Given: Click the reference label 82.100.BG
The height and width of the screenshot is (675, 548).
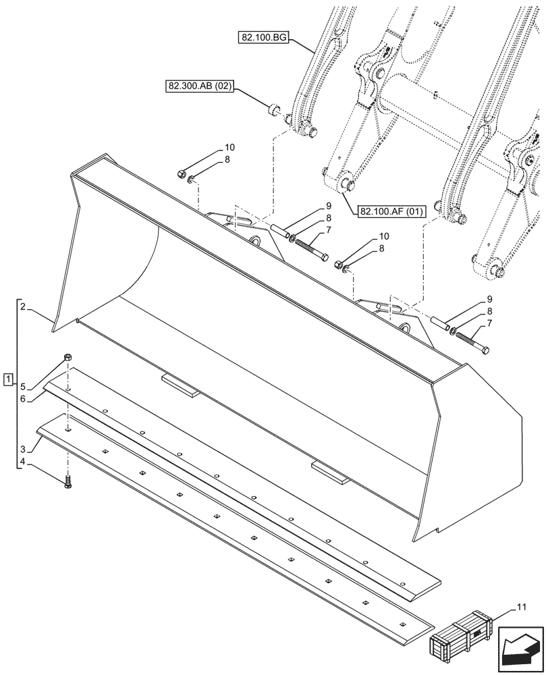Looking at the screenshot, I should coord(263,38).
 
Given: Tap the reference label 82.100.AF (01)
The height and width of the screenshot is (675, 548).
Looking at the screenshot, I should coord(391,212).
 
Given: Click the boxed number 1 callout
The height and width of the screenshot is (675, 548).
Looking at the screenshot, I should coord(7,379).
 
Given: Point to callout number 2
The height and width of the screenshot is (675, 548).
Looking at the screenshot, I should coord(23,307).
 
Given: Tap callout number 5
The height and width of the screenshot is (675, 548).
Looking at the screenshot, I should coord(23,387).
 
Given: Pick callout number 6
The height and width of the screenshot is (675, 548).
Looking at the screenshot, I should coord(23,399).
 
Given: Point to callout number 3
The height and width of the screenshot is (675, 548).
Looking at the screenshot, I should coord(23,449).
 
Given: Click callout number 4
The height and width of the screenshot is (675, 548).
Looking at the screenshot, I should coord(23,462).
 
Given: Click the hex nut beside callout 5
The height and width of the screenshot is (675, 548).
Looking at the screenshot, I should coord(67,357).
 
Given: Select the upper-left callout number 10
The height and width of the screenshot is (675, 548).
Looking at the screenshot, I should coord(230,147).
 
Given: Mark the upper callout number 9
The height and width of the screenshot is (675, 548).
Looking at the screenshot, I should coord(328,205).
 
